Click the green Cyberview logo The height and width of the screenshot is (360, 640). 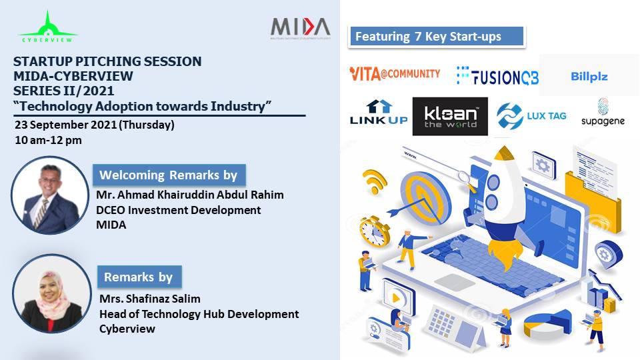(x=48, y=27)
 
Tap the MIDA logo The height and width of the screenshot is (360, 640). (x=301, y=28)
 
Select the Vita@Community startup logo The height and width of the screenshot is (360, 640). (x=395, y=74)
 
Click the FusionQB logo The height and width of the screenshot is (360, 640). (x=497, y=75)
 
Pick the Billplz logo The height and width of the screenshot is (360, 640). (x=589, y=76)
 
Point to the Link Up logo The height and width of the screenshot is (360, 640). (x=379, y=112)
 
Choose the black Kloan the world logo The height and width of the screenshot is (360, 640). (x=450, y=116)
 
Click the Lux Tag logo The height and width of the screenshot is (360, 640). (x=531, y=116)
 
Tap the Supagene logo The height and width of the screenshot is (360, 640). (x=603, y=112)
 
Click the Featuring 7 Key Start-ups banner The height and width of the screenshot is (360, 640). (x=437, y=37)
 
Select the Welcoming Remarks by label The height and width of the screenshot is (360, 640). (x=169, y=175)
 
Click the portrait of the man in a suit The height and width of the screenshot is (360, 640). (x=50, y=195)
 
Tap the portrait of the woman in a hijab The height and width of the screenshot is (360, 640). (x=52, y=293)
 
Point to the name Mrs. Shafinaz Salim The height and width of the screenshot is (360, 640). (x=150, y=299)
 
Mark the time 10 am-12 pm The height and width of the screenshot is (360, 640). (x=48, y=140)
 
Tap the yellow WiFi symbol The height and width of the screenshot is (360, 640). (x=375, y=181)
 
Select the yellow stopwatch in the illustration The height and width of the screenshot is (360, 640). (x=374, y=231)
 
